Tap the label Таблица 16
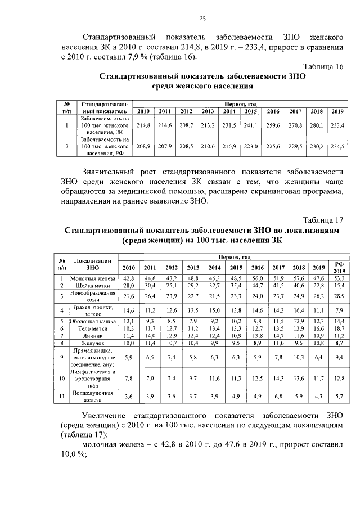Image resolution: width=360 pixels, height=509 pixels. point(323,66)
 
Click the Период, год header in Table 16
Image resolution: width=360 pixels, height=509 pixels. point(240,104)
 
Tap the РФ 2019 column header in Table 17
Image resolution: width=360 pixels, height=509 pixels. point(339,267)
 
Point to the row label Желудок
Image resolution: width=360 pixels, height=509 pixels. point(92,343)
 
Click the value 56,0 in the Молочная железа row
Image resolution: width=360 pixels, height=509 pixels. point(258,278)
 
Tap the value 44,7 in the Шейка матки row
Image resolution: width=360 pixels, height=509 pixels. point(258,286)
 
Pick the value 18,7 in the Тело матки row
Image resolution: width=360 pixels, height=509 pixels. point(339,327)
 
